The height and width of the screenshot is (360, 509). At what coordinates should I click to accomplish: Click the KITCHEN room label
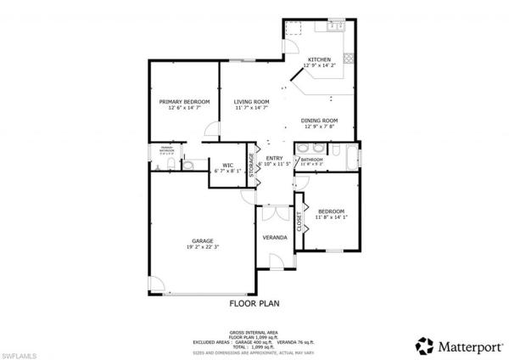(319, 59)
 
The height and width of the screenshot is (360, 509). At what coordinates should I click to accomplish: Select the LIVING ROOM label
(252, 102)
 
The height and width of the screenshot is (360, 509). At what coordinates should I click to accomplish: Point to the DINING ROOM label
(319, 121)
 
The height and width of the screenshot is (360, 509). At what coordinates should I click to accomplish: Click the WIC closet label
(227, 165)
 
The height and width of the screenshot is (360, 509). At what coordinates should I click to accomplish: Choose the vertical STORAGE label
(251, 163)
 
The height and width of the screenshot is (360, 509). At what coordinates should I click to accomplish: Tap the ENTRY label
(274, 158)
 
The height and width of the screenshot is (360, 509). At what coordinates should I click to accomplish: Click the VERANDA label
(274, 237)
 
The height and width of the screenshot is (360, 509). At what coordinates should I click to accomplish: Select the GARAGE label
(201, 241)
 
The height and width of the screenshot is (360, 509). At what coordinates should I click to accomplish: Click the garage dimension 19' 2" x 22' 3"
(201, 248)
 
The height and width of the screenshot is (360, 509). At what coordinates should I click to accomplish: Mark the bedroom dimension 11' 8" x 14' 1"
(331, 218)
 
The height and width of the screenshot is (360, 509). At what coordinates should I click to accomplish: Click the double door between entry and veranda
(273, 206)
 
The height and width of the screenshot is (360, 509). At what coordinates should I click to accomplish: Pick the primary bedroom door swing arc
(209, 129)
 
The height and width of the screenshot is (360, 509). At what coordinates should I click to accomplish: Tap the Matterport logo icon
(422, 346)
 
